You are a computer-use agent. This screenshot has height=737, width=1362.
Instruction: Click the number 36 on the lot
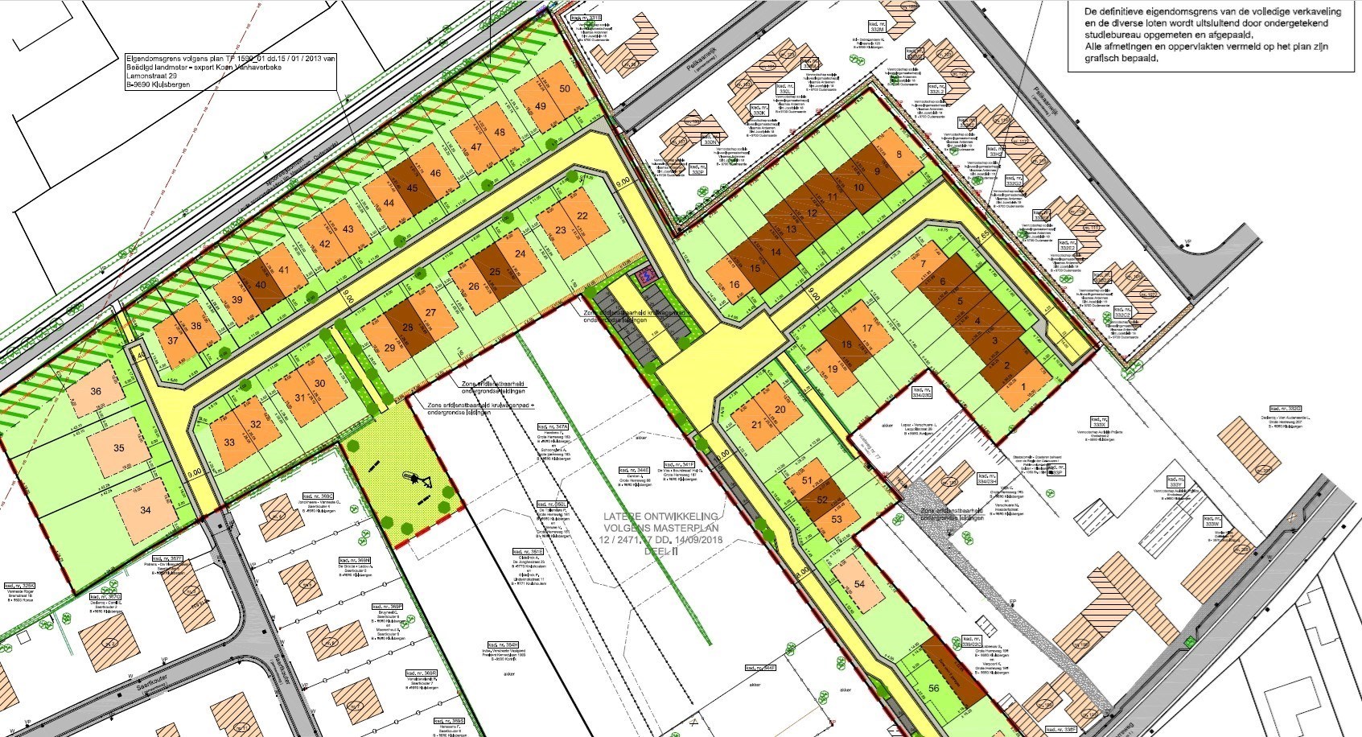[97, 392]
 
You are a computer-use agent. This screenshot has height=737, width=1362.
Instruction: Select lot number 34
[145, 510]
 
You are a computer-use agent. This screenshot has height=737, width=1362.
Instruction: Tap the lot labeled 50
[564, 89]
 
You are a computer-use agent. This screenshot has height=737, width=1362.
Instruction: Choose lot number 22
[582, 216]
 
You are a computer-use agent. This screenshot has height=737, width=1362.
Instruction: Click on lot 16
[734, 285]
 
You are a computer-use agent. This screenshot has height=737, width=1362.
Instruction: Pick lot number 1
[1023, 387]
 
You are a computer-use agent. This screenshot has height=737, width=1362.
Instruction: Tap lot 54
[859, 584]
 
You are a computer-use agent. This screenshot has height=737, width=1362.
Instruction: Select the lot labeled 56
[934, 688]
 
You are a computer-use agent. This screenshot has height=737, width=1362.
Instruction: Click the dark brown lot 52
[822, 500]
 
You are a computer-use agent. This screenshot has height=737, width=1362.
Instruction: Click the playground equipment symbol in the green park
[418, 480]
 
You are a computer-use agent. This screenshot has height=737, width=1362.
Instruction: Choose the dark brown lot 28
[408, 327]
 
